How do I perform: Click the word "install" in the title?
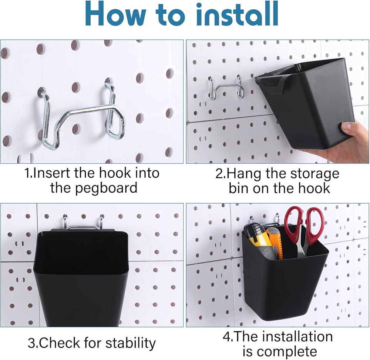pos(238,14)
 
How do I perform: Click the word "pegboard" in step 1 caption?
pos(94,188)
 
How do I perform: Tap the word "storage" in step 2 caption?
pos(314,174)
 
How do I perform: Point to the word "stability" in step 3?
pos(131,343)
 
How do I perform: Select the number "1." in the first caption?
pos(28,173)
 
